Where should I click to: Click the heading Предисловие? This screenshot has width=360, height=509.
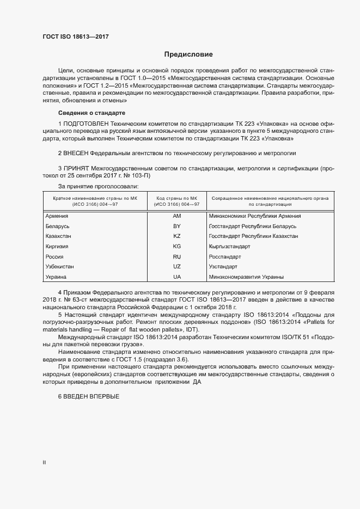188,54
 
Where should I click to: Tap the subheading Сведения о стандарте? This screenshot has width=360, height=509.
91,113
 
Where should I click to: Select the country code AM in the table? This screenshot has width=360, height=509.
176,216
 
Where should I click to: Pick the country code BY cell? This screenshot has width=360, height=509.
176,226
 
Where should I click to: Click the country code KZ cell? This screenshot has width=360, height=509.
176,236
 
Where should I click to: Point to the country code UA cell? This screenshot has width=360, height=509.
176,277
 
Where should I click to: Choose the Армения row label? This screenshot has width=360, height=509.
57,216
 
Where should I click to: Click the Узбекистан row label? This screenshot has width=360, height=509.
60,267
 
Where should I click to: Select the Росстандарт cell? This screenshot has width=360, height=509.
225,256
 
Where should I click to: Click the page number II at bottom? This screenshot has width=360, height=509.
44,463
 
